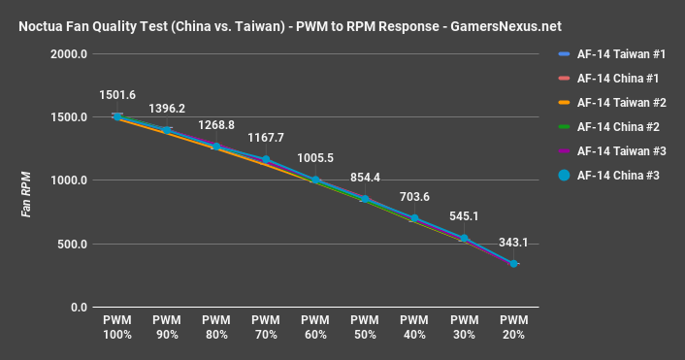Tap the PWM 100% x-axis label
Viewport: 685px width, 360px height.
click(x=117, y=327)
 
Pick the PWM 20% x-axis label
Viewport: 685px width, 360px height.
click(x=513, y=327)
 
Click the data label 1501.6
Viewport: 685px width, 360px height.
click(x=117, y=94)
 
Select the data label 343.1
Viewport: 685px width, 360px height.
click(x=513, y=243)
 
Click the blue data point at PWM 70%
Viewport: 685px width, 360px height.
click(x=266, y=159)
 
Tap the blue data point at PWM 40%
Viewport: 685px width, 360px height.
click(x=414, y=218)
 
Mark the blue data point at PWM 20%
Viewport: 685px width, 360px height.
click(x=513, y=263)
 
